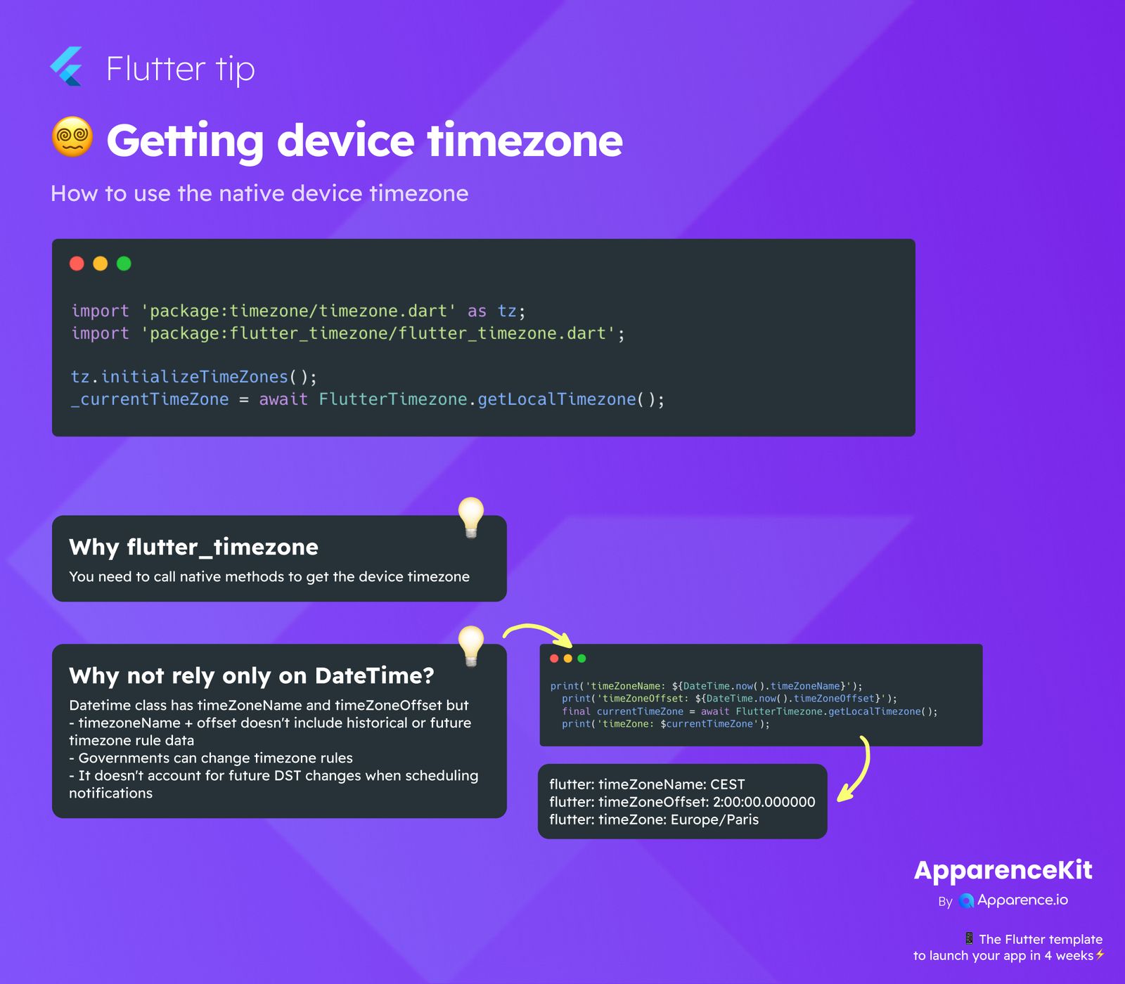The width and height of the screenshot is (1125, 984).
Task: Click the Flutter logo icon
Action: [x=67, y=67]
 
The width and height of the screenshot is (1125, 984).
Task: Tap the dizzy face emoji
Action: [x=72, y=136]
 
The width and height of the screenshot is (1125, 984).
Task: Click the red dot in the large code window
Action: [x=77, y=264]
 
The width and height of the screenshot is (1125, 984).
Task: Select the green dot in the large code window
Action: [x=124, y=264]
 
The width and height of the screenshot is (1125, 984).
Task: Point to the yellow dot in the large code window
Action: [x=101, y=264]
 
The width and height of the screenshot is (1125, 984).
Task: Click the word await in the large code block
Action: [x=283, y=399]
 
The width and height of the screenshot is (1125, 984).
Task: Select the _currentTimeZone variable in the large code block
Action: [x=150, y=399]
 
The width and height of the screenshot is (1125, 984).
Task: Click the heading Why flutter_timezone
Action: [x=193, y=547]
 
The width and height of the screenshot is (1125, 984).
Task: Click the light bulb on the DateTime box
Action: [x=471, y=645]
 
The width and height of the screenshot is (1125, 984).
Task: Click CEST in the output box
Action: [x=727, y=784]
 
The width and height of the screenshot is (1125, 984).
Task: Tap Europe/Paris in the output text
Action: [x=714, y=820]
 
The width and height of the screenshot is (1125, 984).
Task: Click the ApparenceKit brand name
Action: [x=1003, y=870]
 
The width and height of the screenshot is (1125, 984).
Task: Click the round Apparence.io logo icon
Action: [x=966, y=901]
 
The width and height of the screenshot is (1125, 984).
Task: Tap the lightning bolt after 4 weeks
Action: [x=1100, y=954]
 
